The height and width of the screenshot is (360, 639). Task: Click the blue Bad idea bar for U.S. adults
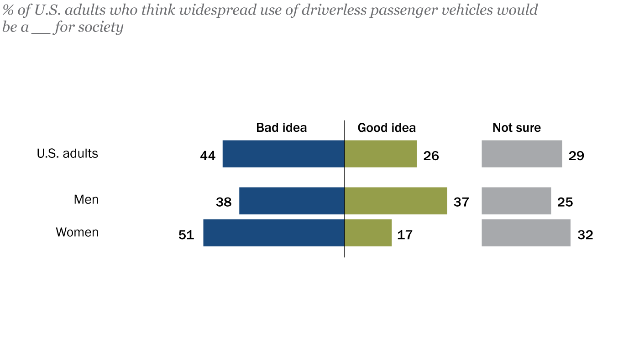pos(283,154)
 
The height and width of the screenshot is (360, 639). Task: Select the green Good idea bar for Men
pos(396,201)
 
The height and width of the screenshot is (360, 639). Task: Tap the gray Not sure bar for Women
pos(526,233)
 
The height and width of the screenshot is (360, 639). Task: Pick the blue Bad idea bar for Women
pos(274,233)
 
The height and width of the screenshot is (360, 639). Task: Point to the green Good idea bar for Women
pos(368,233)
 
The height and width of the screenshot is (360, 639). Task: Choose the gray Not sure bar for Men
pos(516,201)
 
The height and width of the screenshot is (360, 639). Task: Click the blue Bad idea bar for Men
pos(292,201)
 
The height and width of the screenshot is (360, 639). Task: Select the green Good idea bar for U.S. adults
pos(381,154)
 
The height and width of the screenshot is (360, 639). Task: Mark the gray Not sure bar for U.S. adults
pos(522,154)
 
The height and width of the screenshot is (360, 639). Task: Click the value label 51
pos(186,235)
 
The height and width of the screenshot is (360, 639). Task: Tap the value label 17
pos(405,235)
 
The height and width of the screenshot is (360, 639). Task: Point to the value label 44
pos(208,156)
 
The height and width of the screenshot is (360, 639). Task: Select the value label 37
pos(461,202)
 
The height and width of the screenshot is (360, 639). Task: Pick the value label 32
pos(585,235)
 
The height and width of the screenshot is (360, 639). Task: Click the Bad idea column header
pos(281,128)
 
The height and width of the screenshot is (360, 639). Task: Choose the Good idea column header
pos(387,128)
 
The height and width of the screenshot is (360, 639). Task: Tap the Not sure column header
pos(516,128)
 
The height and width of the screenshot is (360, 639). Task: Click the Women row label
pos(77,232)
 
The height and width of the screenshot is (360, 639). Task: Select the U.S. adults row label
pos(68,153)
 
